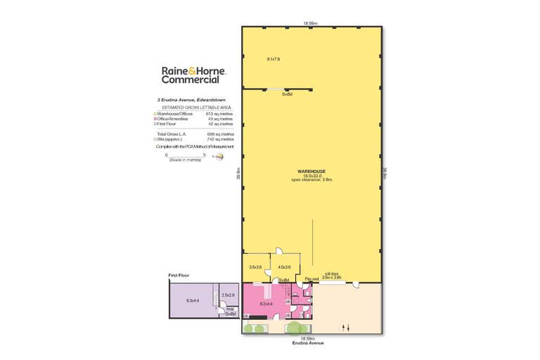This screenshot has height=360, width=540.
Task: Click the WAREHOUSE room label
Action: click(311, 170)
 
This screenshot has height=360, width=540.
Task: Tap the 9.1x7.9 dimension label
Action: click(273, 59)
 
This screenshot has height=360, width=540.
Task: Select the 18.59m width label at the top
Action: click(311, 22)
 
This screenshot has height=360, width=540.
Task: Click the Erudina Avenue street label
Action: click(311, 343)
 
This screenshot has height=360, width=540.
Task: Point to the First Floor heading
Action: click(179, 275)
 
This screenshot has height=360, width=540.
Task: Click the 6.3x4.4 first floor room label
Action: click(192, 301)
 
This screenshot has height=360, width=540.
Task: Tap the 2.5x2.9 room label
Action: click(228, 295)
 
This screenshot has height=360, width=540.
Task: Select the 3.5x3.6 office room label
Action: click(255, 266)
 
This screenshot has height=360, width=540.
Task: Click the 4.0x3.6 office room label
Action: click(285, 266)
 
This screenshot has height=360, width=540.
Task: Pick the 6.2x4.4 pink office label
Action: click(266, 304)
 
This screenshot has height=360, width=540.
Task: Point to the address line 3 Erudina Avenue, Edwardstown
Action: click(193, 100)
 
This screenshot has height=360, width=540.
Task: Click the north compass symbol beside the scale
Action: click(219, 157)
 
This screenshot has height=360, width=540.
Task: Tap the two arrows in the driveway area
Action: click(345, 327)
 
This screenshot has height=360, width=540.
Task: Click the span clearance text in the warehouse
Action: click(311, 180)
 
